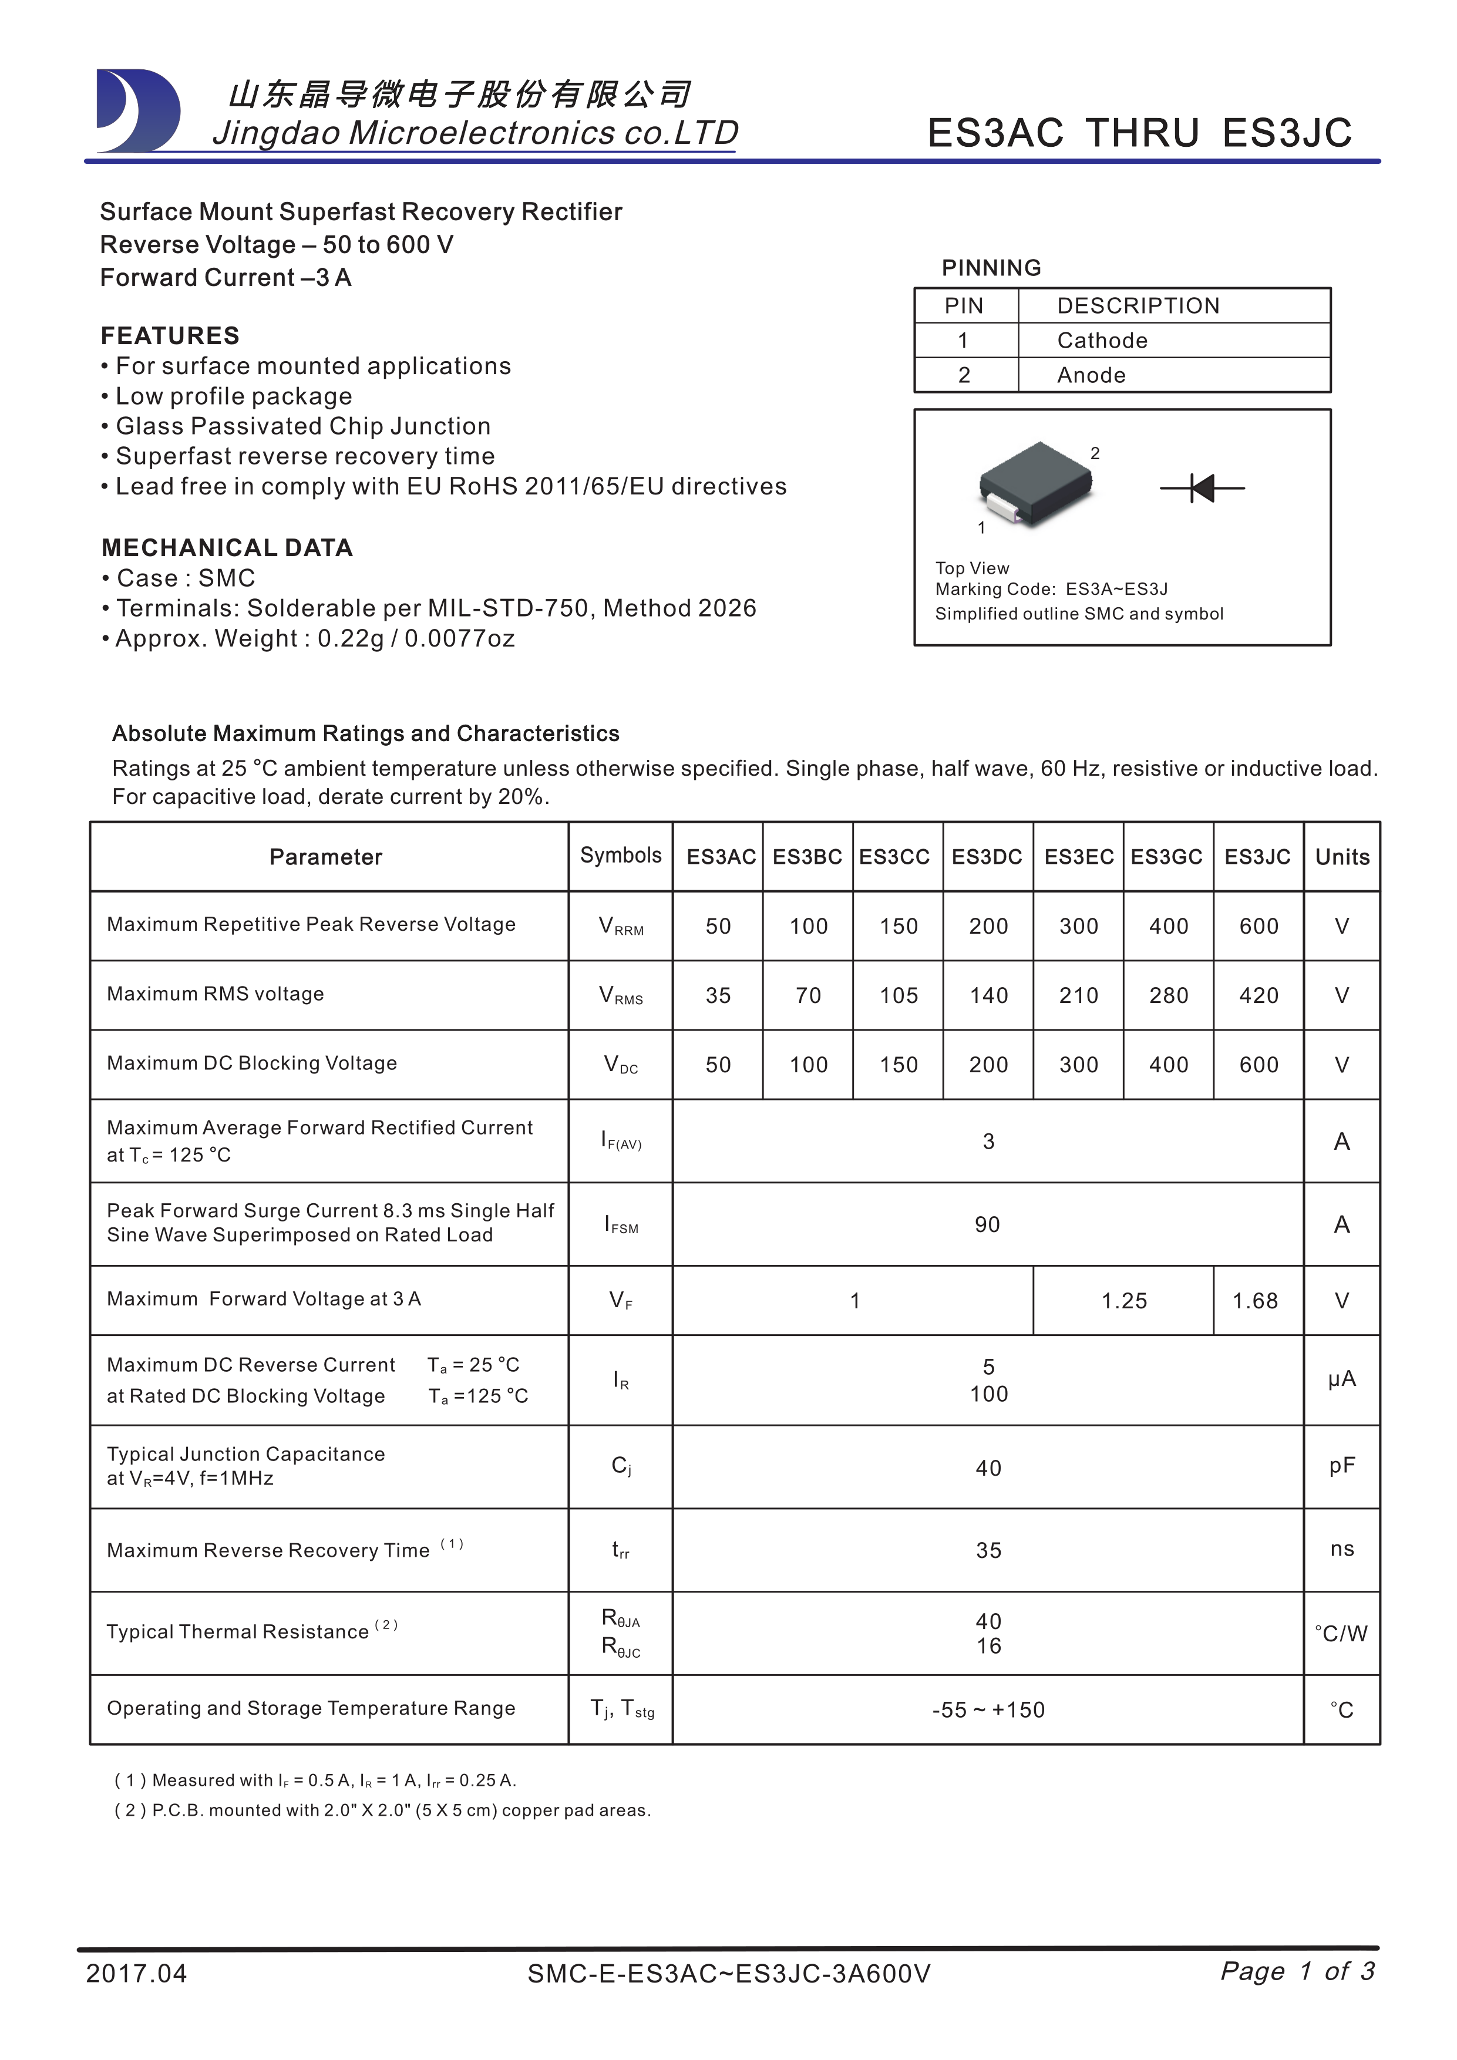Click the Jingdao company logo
138,110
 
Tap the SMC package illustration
1037,484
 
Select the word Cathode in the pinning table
1102,341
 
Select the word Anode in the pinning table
1091,375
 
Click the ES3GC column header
1166,857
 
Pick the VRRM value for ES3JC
1259,926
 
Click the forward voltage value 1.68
1254,1301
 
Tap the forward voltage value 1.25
1124,1301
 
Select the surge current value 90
987,1225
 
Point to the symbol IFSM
621,1225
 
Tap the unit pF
1341,1466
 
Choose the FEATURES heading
170,335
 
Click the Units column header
1341,857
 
